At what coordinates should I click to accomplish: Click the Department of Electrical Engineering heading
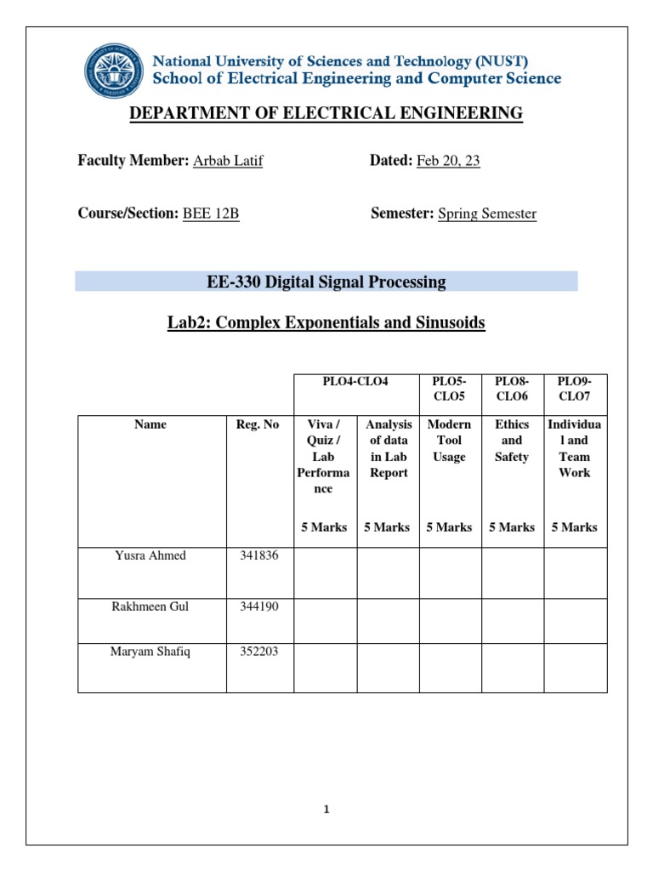click(326, 113)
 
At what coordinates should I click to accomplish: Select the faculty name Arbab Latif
click(228, 161)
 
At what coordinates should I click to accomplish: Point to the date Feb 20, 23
click(448, 161)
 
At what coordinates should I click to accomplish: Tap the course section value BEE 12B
click(211, 213)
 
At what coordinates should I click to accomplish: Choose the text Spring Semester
click(487, 213)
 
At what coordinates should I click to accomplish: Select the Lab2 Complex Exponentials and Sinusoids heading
click(326, 323)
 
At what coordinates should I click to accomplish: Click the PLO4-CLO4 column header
click(356, 383)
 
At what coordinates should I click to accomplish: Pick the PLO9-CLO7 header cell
click(575, 390)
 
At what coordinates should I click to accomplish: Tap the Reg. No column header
click(257, 424)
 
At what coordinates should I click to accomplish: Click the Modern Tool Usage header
click(449, 441)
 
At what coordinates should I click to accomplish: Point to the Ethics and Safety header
click(512, 441)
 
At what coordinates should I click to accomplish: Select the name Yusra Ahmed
click(150, 555)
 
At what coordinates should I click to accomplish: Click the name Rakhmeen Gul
click(150, 606)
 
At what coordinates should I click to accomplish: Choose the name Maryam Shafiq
click(150, 652)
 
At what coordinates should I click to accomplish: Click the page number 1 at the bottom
click(326, 811)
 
